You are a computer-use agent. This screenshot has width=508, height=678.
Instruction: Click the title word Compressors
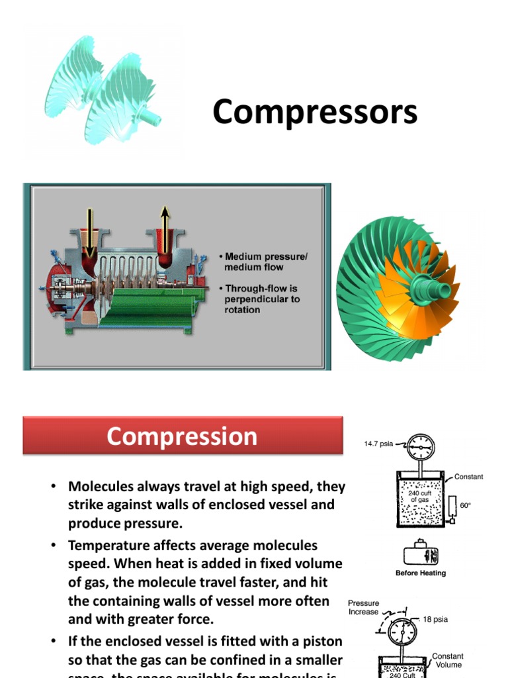[x=315, y=113]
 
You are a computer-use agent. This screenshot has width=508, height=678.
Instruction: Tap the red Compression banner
[x=183, y=436]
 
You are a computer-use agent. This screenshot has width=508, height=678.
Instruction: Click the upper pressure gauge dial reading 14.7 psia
[x=421, y=448]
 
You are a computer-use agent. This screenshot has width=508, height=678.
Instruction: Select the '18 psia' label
[x=436, y=619]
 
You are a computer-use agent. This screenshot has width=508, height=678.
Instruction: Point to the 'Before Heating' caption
[x=421, y=573]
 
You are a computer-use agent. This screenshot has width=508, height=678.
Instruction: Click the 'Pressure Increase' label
[x=364, y=607]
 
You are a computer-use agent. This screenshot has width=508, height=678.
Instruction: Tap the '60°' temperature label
[x=466, y=505]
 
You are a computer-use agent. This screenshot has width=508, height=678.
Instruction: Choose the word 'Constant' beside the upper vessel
[x=468, y=477]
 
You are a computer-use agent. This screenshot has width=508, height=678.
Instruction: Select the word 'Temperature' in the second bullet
[x=108, y=546]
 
